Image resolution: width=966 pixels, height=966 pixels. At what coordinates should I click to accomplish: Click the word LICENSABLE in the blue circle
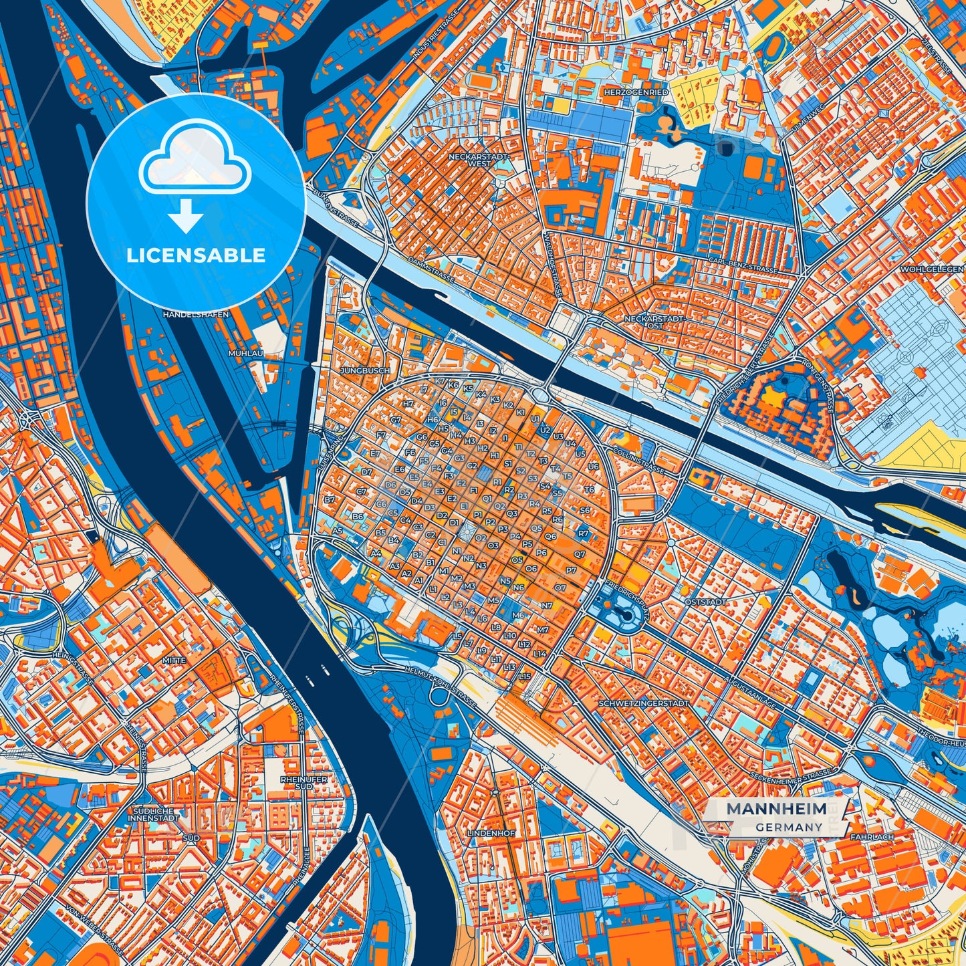tap(196, 255)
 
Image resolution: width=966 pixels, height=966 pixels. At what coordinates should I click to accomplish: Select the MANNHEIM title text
tap(775, 809)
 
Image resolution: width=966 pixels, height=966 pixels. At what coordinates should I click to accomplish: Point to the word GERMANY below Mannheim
tap(790, 827)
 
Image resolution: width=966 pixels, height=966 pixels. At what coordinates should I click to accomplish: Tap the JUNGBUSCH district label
tap(365, 370)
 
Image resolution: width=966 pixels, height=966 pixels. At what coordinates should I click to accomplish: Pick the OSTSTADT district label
tap(705, 602)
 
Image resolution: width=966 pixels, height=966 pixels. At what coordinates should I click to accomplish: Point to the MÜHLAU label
tap(245, 352)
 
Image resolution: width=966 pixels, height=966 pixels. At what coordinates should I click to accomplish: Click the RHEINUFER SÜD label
tap(304, 783)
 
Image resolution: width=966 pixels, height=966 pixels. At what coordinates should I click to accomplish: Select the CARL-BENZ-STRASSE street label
tap(743, 265)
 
